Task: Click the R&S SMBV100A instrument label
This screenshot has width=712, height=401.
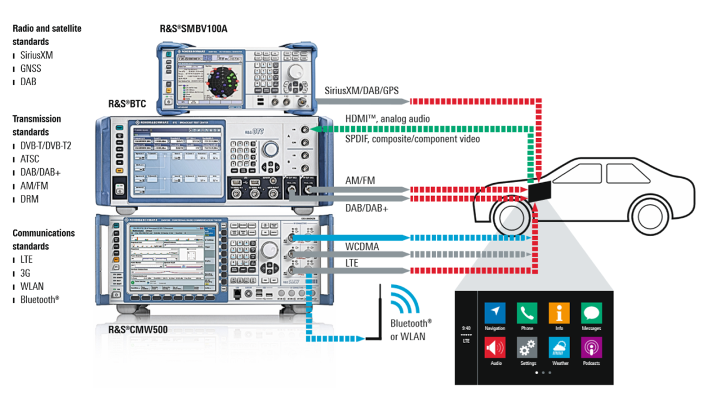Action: coord(193,28)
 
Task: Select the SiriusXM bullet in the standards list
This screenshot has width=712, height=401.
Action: coord(37,55)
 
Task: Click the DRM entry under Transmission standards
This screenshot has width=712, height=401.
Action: coord(29,199)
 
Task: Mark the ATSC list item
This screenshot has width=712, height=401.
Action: coord(31,159)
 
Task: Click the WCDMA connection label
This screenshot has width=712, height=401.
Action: coord(363,247)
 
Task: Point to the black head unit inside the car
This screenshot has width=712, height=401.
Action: coord(540,191)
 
